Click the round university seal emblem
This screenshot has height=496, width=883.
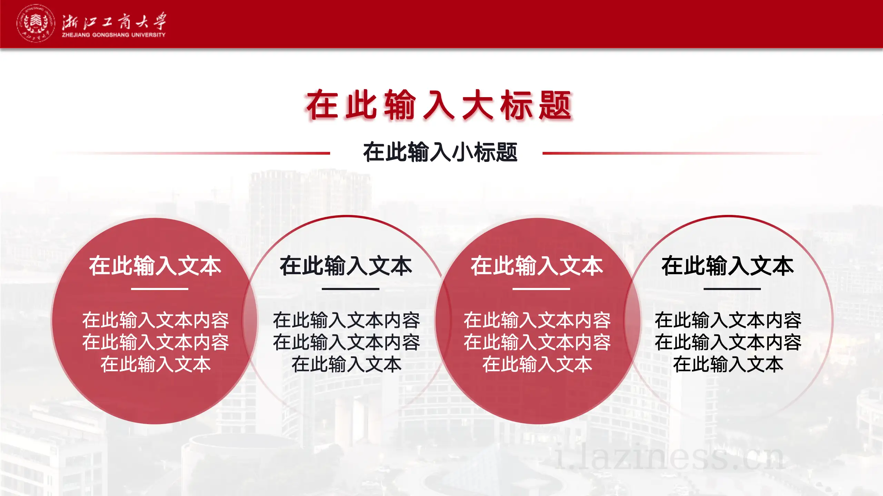point(36,23)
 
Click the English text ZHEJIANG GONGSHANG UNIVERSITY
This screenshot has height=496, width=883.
point(113,35)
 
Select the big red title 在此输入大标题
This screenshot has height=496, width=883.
point(439,105)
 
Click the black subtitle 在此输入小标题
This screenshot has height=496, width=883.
point(440,152)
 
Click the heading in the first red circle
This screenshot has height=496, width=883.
point(155,266)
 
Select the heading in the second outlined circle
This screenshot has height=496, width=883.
point(346,266)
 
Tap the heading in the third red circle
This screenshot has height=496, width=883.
point(537,266)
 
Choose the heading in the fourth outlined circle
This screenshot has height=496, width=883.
point(728,266)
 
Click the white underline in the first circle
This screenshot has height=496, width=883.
point(160,289)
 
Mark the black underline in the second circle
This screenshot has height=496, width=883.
point(350,289)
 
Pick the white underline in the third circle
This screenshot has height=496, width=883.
point(541,289)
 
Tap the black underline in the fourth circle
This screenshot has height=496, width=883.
point(732,289)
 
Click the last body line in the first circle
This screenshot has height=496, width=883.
point(155,364)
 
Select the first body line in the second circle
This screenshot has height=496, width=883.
point(346,320)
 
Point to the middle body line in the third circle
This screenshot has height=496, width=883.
point(537,342)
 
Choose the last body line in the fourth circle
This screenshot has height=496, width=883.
point(728,364)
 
